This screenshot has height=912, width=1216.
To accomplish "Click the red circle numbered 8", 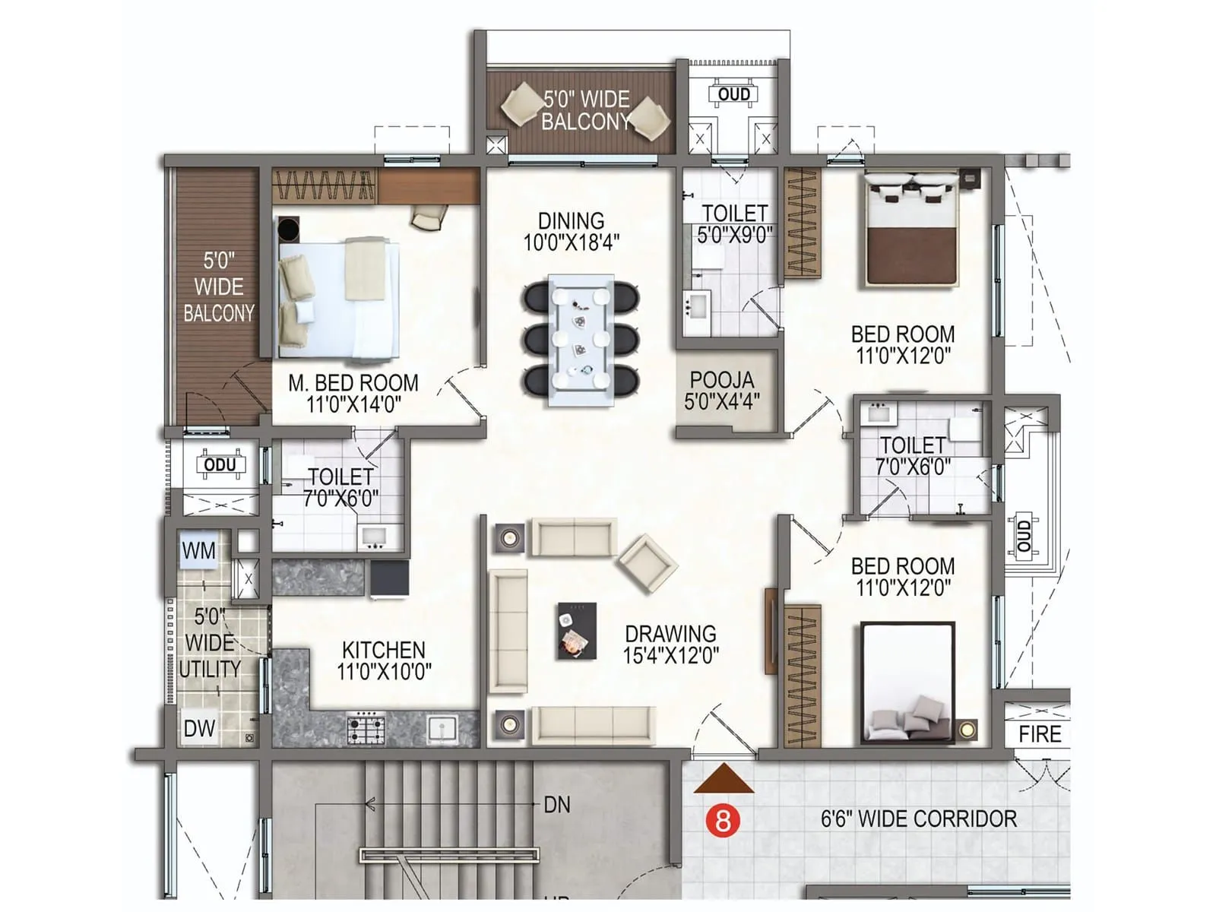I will click(722, 820).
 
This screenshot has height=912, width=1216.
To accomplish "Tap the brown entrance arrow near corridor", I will click(724, 780).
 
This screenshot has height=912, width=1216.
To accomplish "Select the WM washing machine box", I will click(198, 551).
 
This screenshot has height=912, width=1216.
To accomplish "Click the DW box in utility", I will click(199, 728).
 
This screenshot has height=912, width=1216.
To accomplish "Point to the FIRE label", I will click(1040, 734).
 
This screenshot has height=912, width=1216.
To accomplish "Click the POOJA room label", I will click(722, 380).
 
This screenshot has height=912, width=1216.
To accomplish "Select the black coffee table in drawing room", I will click(576, 631).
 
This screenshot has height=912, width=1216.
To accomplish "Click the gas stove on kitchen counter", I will click(366, 728).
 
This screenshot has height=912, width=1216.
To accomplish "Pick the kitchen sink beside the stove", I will click(442, 728).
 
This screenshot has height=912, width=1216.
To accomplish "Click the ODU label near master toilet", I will click(220, 464).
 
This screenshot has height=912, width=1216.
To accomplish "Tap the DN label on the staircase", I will click(556, 805).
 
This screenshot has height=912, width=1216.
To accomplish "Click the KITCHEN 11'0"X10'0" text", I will click(384, 660).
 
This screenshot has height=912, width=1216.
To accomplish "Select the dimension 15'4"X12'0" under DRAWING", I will click(670, 655).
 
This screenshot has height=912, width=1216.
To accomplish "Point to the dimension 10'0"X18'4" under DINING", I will click(571, 243).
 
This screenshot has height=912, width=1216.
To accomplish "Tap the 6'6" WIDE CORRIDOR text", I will click(918, 819).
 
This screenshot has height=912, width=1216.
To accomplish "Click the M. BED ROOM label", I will click(353, 382).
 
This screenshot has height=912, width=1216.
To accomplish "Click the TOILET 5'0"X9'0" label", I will click(735, 223).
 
